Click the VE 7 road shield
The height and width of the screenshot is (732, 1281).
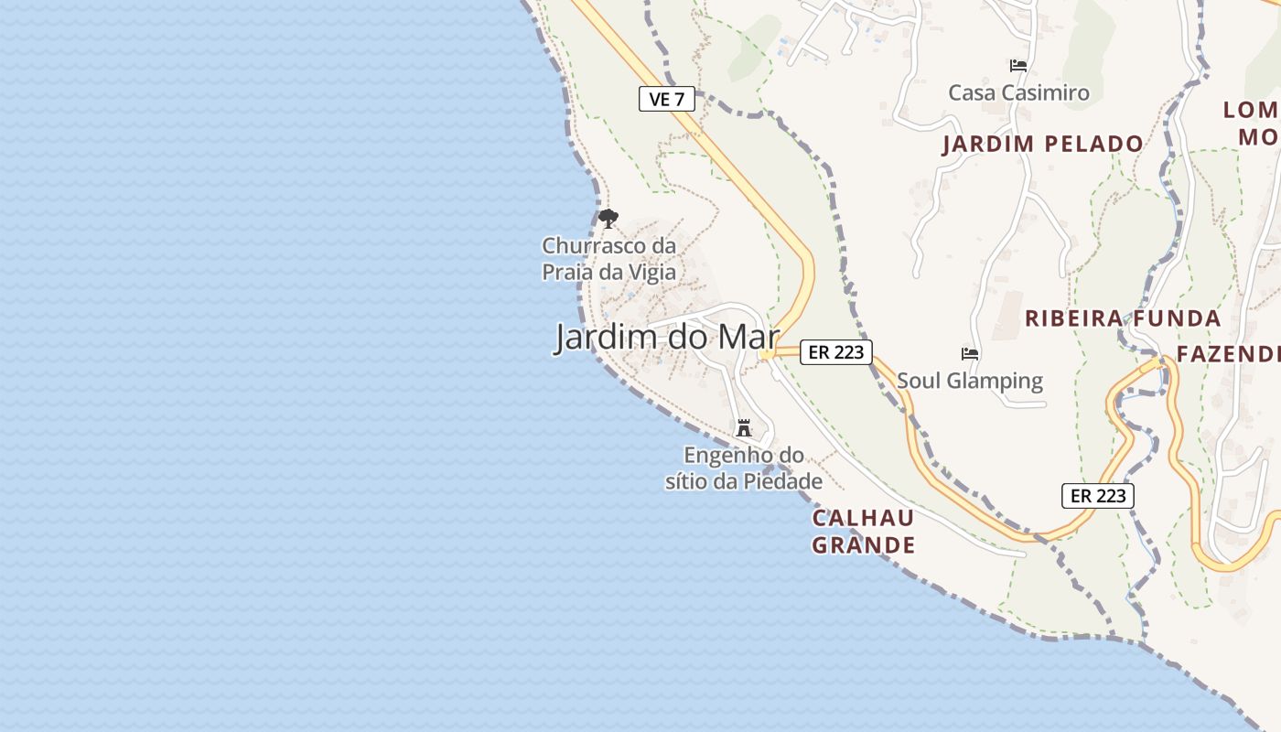[x=667, y=99]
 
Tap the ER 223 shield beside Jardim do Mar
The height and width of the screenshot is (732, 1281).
[x=836, y=351]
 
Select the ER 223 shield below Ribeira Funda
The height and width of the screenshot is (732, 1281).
[x=1098, y=496]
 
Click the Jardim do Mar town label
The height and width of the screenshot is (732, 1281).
[x=667, y=337]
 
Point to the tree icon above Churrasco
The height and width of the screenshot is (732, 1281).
[x=608, y=219]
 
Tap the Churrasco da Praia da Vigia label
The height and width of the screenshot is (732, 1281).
[x=609, y=259]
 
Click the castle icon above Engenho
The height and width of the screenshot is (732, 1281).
[x=744, y=427]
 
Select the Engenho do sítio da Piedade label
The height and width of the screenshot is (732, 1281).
[x=744, y=468]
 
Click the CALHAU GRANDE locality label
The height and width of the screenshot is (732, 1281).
[x=864, y=532]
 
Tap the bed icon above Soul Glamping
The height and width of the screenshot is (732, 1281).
[x=970, y=353]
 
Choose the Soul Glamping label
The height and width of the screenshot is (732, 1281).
[x=970, y=381]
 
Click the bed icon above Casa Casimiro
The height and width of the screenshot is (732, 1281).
[x=1018, y=66]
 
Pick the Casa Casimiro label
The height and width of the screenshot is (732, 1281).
[x=1018, y=92]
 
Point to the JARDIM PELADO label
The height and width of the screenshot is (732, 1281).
[x=1043, y=144]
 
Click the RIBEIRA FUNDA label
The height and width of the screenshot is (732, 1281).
[x=1123, y=318]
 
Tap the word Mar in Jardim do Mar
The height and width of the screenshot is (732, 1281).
[x=748, y=337]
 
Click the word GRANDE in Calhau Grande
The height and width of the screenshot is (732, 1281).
[x=864, y=545]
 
